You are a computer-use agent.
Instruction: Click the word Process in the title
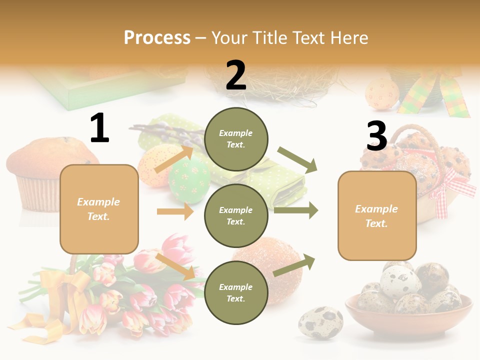[x=157, y=37]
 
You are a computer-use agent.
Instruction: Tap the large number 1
[x=99, y=128]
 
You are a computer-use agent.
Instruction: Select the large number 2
[x=236, y=75]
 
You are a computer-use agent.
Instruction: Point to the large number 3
[x=376, y=136]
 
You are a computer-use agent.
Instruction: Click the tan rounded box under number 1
[x=99, y=209]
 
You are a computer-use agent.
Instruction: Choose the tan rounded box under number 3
[x=377, y=215]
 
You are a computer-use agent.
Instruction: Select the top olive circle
[x=236, y=139]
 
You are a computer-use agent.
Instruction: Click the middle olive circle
[x=236, y=215]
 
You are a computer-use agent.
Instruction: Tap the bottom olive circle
[x=236, y=292]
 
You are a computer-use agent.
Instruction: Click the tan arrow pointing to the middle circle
[x=175, y=211]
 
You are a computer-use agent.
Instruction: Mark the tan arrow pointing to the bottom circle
[x=175, y=266]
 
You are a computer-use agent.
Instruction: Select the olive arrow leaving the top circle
[x=298, y=160]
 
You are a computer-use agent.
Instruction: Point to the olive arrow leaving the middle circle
[x=296, y=210]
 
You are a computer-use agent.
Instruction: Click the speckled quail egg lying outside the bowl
[x=320, y=322]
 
